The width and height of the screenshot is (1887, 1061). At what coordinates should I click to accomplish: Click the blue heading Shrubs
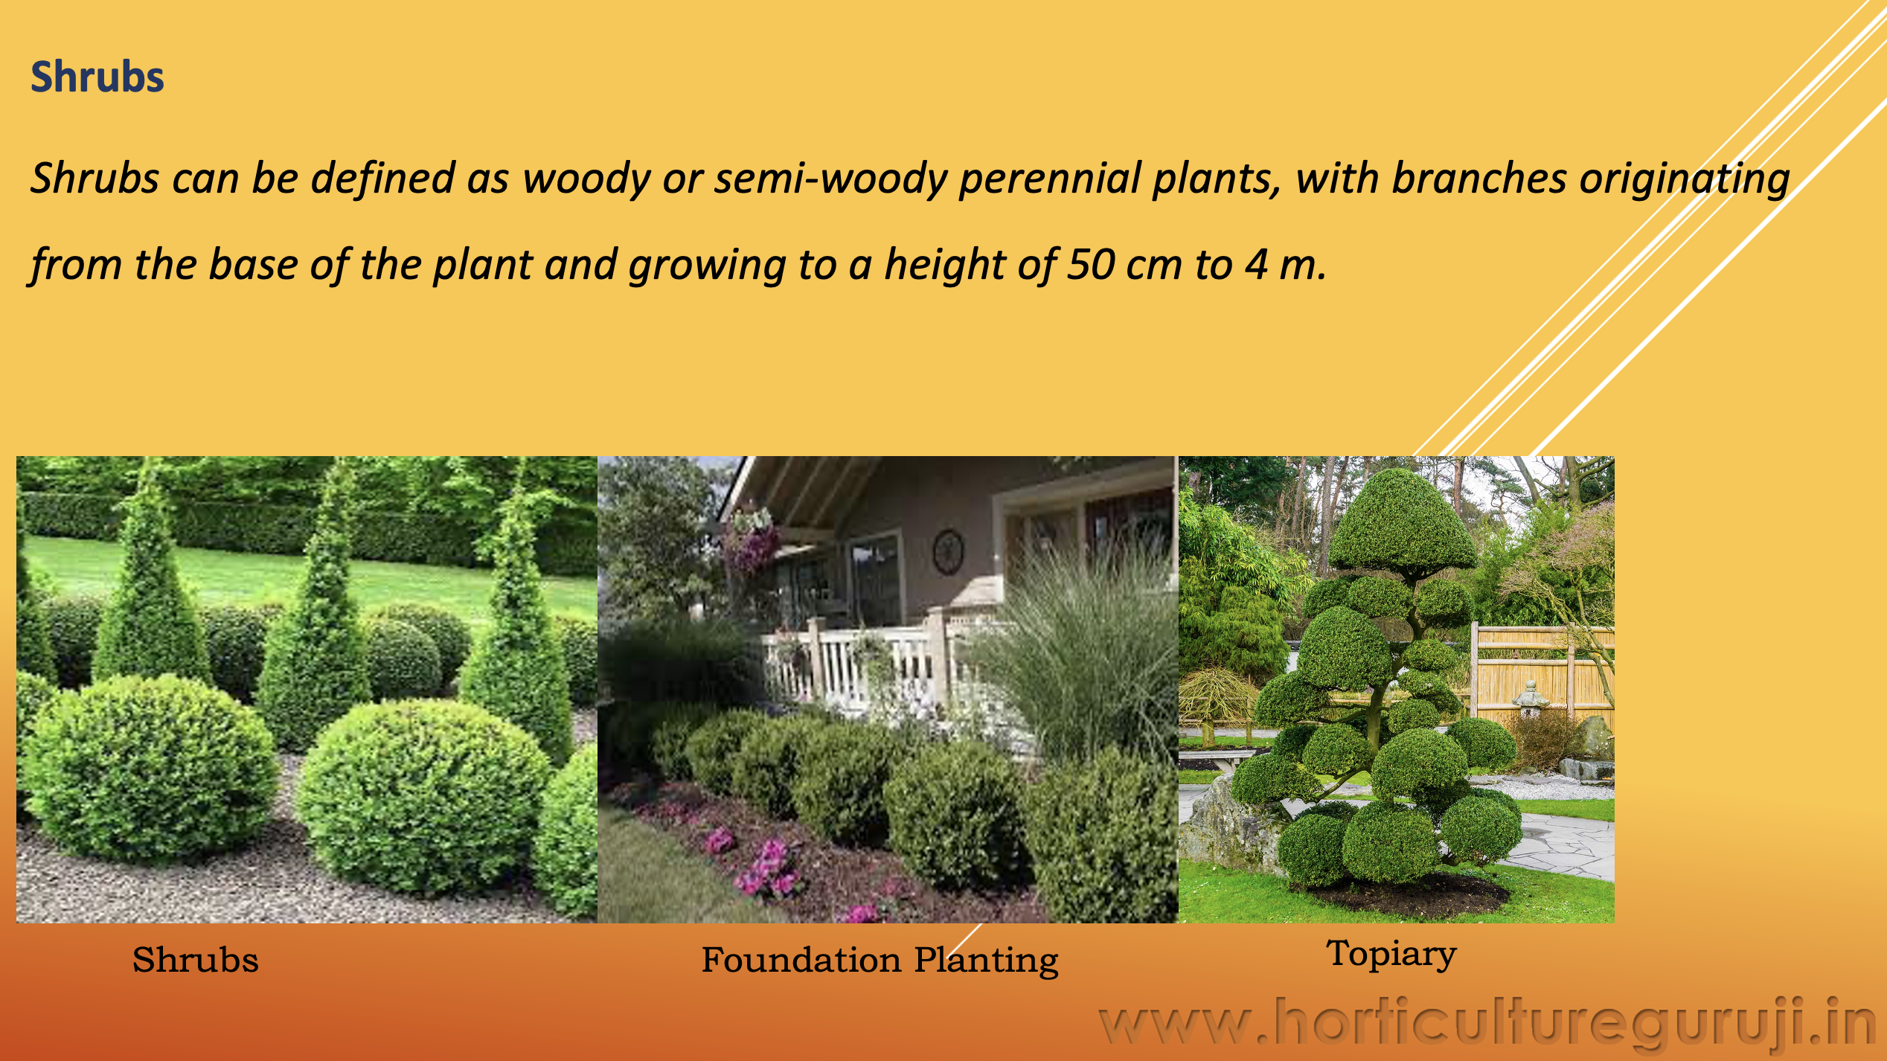pos(97,77)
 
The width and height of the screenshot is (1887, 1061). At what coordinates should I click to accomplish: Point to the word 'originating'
pos(1685,179)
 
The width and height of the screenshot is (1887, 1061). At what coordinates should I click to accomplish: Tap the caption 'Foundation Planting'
pos(880,961)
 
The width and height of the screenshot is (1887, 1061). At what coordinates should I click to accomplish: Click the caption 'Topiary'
pos(1391,955)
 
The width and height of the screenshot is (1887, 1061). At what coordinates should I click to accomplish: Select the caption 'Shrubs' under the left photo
pos(196,960)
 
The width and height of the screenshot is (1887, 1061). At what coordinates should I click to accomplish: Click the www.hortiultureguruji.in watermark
pos(1488,1024)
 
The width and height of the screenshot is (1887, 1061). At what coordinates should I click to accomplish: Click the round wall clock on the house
pos(948,551)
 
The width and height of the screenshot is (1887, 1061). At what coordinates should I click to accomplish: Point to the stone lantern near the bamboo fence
pos(1530,700)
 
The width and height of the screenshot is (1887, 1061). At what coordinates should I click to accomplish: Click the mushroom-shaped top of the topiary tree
pos(1403,522)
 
